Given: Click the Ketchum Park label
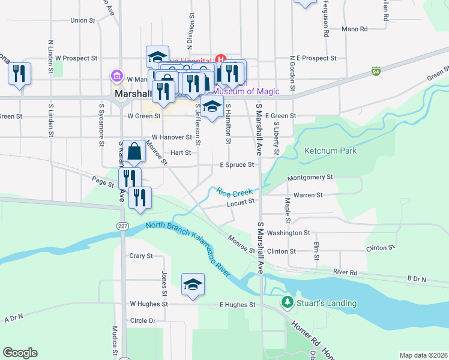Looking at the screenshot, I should click(x=330, y=151).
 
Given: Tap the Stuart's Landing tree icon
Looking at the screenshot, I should click(x=288, y=301).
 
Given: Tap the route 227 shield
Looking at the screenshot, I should click(x=122, y=226).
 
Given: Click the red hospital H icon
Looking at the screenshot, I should click(x=220, y=59).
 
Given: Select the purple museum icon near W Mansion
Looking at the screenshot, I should click(x=116, y=76).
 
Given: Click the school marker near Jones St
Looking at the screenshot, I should click(x=193, y=284).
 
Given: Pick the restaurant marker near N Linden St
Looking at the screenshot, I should click(x=20, y=74).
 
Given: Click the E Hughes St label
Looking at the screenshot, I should click(x=237, y=305).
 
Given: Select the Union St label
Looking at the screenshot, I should click(x=83, y=20).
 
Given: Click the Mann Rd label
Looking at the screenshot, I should click(x=354, y=28).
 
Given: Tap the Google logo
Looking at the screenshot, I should click(x=20, y=353).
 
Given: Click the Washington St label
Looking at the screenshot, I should click(x=288, y=233).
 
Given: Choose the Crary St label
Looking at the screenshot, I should click(x=141, y=256).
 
